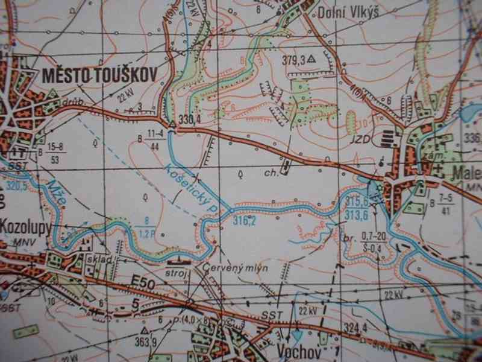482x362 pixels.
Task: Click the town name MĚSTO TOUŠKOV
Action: click(x=99, y=75)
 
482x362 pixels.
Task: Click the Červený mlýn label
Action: click(x=235, y=268)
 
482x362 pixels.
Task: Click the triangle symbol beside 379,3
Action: click(x=311, y=60)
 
